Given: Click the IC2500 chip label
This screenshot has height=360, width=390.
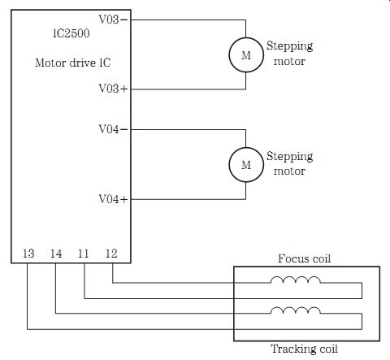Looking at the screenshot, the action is pyautogui.click(x=71, y=33).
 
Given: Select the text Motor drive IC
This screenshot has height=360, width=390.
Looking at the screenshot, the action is pyautogui.click(x=73, y=63).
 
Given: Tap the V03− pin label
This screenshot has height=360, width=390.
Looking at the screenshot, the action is pyautogui.click(x=113, y=20).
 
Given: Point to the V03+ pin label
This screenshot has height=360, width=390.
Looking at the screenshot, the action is pyautogui.click(x=113, y=89).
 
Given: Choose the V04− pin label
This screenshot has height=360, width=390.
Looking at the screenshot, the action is pyautogui.click(x=113, y=129).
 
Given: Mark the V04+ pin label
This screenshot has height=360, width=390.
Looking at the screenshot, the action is pyautogui.click(x=113, y=199).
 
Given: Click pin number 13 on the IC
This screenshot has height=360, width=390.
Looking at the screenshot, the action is pyautogui.click(x=28, y=254).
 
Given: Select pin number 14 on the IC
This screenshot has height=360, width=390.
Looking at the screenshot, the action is pyautogui.click(x=56, y=254).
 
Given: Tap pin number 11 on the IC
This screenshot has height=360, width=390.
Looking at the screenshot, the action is pyautogui.click(x=83, y=254).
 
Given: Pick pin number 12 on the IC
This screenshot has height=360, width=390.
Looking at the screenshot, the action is pyautogui.click(x=111, y=254).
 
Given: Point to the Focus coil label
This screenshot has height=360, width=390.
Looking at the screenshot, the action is pyautogui.click(x=304, y=258).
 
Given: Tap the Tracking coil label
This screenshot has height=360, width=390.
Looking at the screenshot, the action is pyautogui.click(x=304, y=349).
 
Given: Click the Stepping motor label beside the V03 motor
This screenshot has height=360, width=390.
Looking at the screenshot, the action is pyautogui.click(x=289, y=54).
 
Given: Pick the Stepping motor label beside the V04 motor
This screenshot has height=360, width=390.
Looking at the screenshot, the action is pyautogui.click(x=289, y=163).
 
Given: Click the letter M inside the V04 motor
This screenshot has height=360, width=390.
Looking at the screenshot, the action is pyautogui.click(x=246, y=165).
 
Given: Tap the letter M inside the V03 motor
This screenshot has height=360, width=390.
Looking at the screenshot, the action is pyautogui.click(x=246, y=55).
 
